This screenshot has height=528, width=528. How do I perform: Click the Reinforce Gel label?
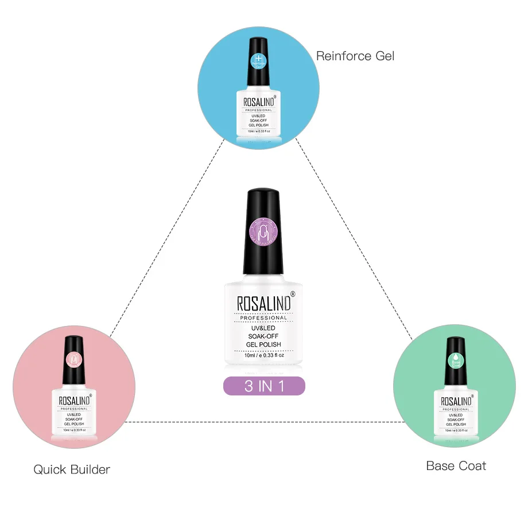tap(355, 56)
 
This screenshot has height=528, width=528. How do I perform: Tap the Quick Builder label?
tap(72, 469)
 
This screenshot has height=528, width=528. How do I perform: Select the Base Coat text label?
tap(456, 465)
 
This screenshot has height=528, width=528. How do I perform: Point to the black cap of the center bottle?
tap(263, 230)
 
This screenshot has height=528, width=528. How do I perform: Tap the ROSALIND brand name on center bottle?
tap(263, 305)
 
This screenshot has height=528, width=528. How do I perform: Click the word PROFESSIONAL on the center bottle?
tap(263, 318)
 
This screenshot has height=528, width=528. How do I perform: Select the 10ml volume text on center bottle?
tap(264, 355)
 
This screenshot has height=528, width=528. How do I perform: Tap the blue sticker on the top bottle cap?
tap(258, 60)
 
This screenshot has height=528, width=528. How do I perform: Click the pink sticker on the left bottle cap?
tap(74, 359)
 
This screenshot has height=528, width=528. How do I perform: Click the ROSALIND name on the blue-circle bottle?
tap(257, 102)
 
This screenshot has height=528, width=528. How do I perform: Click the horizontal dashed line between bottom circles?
tap(264, 422)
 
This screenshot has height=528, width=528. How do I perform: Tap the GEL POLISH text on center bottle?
tap(263, 344)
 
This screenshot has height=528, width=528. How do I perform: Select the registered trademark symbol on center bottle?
tap(293, 294)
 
